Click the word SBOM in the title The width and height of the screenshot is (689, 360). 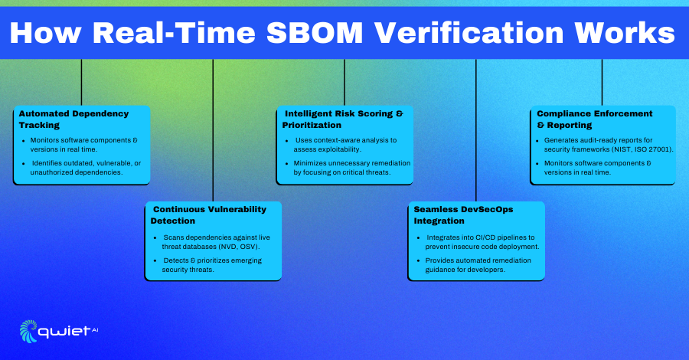coord(315,32)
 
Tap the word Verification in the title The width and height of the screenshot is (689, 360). coord(469,32)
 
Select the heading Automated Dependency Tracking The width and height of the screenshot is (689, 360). coord(73,119)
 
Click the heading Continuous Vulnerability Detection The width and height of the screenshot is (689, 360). coord(208,215)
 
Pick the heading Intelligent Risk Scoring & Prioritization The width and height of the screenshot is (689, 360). coord(342,119)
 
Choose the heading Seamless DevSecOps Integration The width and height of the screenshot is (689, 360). coord(463,215)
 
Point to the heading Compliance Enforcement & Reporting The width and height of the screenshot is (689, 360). coord(595,119)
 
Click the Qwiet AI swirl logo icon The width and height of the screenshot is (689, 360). coord(28,331)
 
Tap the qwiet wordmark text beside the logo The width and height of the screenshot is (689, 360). coord(64,332)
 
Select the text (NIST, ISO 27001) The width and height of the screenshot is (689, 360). coord(645,149)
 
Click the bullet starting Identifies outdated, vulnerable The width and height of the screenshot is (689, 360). coord(86,168)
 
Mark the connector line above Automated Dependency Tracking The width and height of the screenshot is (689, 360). coord(81,82)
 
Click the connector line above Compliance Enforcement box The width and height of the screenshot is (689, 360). coord(602,82)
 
